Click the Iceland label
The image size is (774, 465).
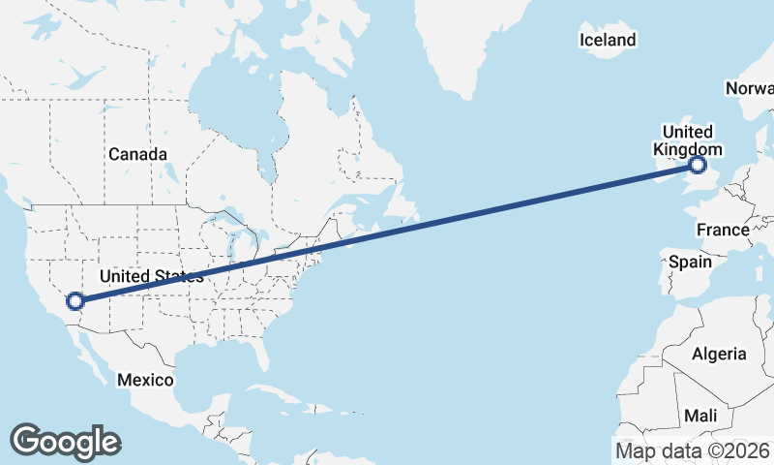(x=608, y=40)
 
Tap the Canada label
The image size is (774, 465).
(x=137, y=154)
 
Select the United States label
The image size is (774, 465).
(x=152, y=276)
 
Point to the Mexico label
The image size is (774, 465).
(x=145, y=380)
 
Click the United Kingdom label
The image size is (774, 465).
(x=687, y=140)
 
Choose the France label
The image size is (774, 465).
(x=723, y=230)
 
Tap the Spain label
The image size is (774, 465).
(x=690, y=262)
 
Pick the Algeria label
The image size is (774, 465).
(x=719, y=354)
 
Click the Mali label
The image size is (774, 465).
(x=700, y=415)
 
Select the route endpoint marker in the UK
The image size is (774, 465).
(x=698, y=167)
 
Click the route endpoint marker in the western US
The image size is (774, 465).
(x=75, y=301)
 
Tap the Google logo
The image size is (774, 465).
(x=65, y=441)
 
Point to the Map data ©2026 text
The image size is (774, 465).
(x=692, y=450)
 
